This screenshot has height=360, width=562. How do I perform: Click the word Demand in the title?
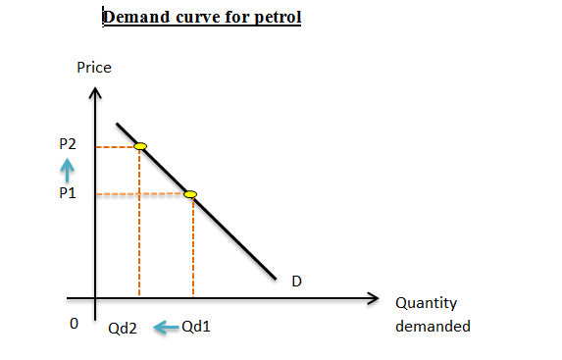(135, 17)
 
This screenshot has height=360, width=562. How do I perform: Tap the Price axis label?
(94, 68)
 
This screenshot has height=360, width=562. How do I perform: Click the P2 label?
(67, 144)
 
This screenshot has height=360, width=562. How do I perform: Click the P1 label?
(67, 193)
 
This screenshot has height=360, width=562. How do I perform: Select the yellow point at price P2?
(140, 146)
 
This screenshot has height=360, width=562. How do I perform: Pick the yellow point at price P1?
(190, 194)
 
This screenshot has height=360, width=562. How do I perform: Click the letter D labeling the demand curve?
(296, 282)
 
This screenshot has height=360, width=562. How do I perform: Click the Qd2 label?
(124, 328)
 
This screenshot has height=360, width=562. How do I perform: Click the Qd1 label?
(196, 326)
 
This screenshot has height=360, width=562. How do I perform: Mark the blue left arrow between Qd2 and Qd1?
(162, 327)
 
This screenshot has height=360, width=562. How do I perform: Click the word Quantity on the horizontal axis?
(426, 303)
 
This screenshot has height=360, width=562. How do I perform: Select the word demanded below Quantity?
(433, 326)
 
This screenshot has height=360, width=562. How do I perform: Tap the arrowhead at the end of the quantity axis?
(373, 296)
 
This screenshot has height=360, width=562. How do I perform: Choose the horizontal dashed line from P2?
(117, 147)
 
